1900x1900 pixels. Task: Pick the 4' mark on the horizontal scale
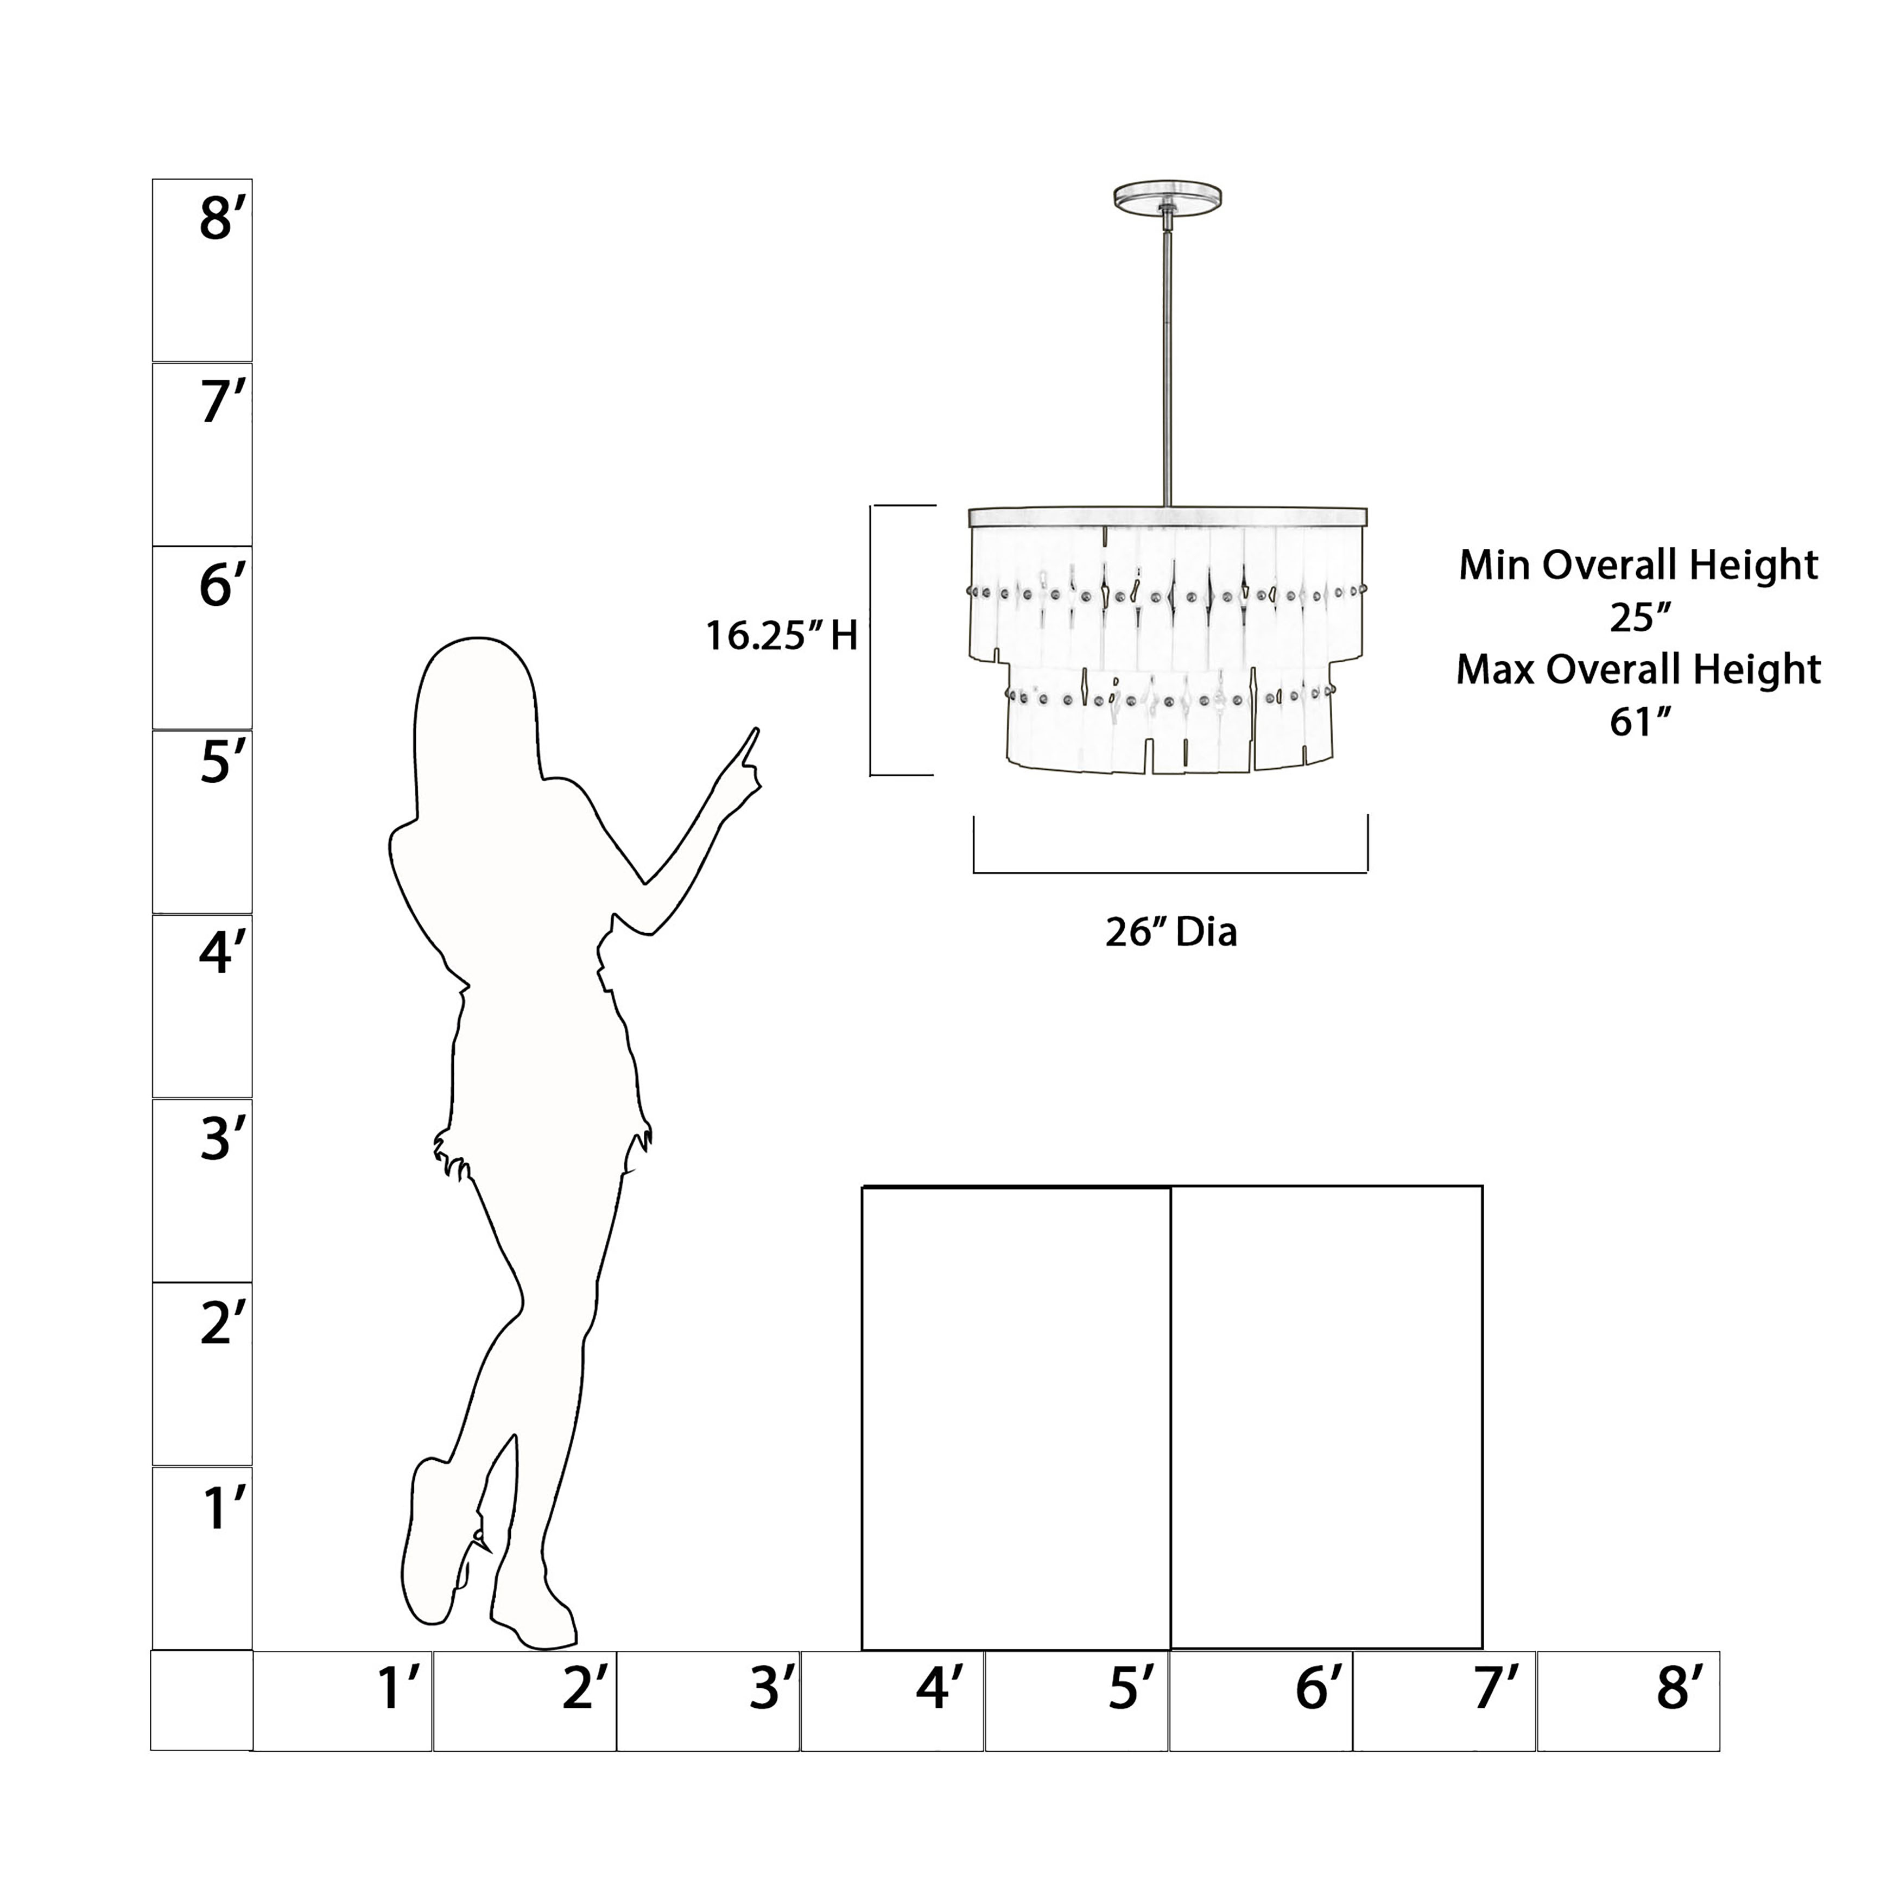937,1688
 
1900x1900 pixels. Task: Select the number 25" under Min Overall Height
1639,618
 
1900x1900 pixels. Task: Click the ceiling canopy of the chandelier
1167,196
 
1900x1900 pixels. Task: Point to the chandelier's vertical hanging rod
1167,359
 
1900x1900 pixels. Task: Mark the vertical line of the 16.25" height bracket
871,640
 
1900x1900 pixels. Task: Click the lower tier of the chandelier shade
1170,718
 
